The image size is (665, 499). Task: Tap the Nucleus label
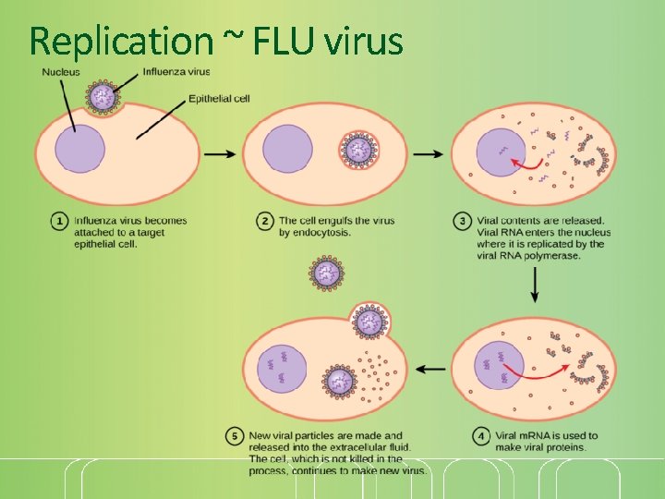coord(60,72)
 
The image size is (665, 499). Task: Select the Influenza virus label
coord(176,71)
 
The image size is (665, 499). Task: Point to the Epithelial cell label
coord(219,99)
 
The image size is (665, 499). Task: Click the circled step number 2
coord(265,222)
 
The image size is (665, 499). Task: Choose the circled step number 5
coord(236,435)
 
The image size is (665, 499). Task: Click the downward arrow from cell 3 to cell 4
coord(535,288)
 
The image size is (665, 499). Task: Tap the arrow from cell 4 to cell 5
coord(429,369)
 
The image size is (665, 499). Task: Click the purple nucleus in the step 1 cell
coord(79,150)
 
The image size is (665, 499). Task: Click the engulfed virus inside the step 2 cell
coord(356,149)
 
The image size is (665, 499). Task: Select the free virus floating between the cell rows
coord(326,273)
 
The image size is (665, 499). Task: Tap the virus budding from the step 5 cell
coord(370,321)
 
